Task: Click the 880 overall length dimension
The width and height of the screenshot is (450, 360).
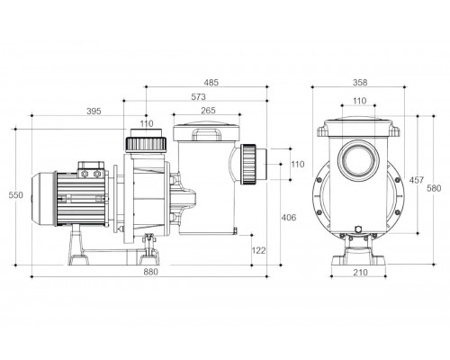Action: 150,272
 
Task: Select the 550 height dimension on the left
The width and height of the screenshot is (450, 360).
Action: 15,195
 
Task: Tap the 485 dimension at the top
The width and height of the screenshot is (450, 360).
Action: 211,82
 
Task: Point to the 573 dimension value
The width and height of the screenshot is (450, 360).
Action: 199,96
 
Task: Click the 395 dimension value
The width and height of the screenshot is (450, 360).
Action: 94,111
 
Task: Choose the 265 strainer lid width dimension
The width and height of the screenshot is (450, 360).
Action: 208,111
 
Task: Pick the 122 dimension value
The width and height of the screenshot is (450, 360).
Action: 258,250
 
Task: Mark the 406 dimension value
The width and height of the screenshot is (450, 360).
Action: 289,217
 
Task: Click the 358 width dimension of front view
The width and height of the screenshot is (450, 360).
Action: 360,82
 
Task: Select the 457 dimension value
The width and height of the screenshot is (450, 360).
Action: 417,180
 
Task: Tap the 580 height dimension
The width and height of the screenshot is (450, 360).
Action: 434,188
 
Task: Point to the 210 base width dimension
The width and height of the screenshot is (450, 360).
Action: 360,272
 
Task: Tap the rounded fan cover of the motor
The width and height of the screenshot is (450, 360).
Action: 43,199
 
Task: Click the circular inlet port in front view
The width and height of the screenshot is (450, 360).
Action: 358,161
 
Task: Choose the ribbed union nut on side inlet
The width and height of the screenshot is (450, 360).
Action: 249,164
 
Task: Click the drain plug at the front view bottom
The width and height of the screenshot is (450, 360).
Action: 358,229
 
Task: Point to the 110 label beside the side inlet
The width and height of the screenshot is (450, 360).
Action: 298,164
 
